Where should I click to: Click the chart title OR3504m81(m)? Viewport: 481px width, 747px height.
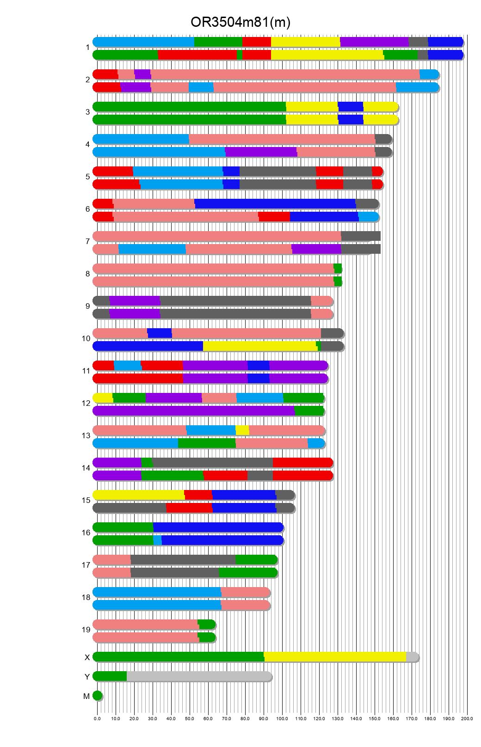240,22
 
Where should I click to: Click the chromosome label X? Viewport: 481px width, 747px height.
87,657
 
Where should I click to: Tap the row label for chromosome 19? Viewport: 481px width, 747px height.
86,630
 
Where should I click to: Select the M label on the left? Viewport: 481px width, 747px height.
86,696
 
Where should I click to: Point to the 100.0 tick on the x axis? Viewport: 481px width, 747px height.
282,718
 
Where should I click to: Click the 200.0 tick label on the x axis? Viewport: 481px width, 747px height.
467,718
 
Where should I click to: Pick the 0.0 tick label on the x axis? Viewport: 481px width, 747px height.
97,718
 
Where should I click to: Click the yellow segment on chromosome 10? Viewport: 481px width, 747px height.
259,346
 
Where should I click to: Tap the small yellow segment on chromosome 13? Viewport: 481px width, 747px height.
242,430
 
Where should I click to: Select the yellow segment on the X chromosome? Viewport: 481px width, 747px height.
335,657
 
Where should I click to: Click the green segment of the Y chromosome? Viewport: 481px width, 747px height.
110,676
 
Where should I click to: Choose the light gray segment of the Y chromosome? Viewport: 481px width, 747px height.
199,676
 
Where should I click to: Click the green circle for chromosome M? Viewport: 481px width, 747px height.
97,696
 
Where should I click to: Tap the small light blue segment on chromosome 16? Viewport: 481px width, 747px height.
157,540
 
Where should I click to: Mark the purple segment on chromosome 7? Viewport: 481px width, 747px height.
316,249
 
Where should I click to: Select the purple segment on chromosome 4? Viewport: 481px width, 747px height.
261,152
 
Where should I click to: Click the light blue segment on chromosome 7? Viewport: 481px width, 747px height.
152,249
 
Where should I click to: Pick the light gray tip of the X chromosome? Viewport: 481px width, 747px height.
412,657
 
